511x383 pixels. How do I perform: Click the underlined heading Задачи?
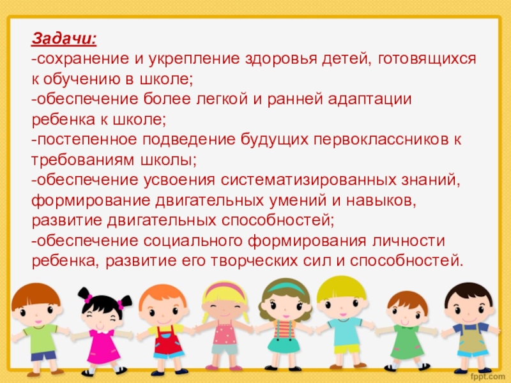[x=65, y=39]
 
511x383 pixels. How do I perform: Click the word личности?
[x=408, y=241]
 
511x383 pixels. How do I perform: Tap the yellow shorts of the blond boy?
[x=346, y=349]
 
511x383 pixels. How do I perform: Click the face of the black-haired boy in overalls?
[x=469, y=308]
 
